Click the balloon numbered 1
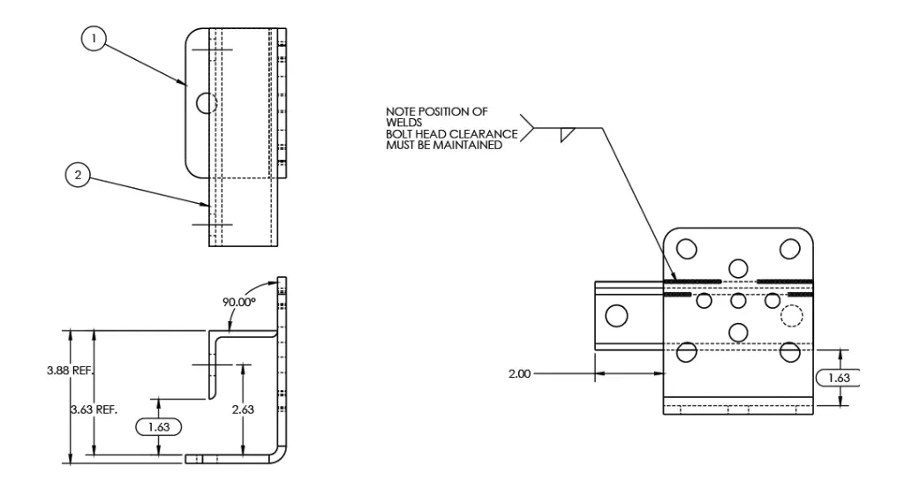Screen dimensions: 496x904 click(94, 38)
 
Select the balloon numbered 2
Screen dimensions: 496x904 click(79, 175)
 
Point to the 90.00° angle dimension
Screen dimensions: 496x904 click(238, 301)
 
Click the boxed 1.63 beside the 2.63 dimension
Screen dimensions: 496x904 click(158, 426)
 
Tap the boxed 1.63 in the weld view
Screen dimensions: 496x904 click(837, 378)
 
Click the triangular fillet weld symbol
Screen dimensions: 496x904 click(568, 134)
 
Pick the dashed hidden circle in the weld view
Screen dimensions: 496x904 click(792, 315)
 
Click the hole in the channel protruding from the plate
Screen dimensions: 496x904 click(617, 314)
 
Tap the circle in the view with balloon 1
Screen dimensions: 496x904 click(207, 103)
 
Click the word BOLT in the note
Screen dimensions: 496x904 click(399, 134)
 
